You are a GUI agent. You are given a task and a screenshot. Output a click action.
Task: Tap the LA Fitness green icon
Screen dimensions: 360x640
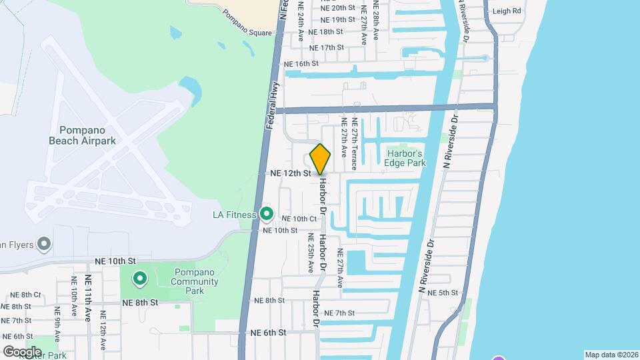click(x=267, y=214)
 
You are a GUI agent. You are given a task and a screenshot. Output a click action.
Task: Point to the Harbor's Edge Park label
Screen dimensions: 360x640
click(x=406, y=157)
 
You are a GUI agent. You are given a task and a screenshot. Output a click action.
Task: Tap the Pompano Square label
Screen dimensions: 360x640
click(x=247, y=33)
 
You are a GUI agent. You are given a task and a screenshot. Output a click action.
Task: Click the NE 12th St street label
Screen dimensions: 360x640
click(x=291, y=173)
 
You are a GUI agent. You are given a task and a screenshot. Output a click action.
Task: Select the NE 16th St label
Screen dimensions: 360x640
click(x=301, y=64)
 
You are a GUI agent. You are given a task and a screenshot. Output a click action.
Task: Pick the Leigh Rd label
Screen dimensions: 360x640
click(x=507, y=11)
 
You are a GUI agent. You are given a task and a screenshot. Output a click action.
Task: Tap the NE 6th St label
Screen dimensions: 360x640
click(x=268, y=332)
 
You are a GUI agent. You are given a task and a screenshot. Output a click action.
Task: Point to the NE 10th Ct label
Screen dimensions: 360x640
click(x=299, y=219)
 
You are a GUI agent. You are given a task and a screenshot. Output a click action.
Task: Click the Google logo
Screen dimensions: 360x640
click(x=21, y=351)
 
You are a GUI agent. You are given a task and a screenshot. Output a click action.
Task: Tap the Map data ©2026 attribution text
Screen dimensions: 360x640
click(x=611, y=355)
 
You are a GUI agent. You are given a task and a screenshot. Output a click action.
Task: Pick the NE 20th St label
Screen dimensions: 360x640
click(x=337, y=8)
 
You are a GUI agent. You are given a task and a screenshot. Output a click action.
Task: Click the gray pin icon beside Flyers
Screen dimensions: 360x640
click(x=45, y=245)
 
